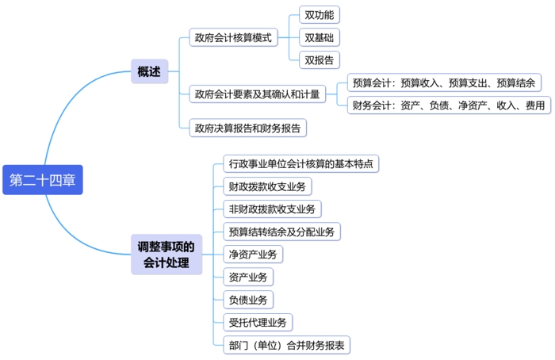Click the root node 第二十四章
42,180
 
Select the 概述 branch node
149,72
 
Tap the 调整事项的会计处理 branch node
166,254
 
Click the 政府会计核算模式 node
233,37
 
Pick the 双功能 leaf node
320,15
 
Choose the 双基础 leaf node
320,37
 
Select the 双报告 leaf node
320,59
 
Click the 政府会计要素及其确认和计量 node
258,94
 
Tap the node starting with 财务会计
448,105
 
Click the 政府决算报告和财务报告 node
247,128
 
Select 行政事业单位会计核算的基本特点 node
300,164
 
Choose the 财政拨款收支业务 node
266,186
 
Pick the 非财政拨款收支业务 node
271,209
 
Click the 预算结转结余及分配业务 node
281,232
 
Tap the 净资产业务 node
252,255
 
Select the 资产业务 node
247,277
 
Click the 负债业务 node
247,300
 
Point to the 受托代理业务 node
258,322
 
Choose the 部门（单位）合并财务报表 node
286,345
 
